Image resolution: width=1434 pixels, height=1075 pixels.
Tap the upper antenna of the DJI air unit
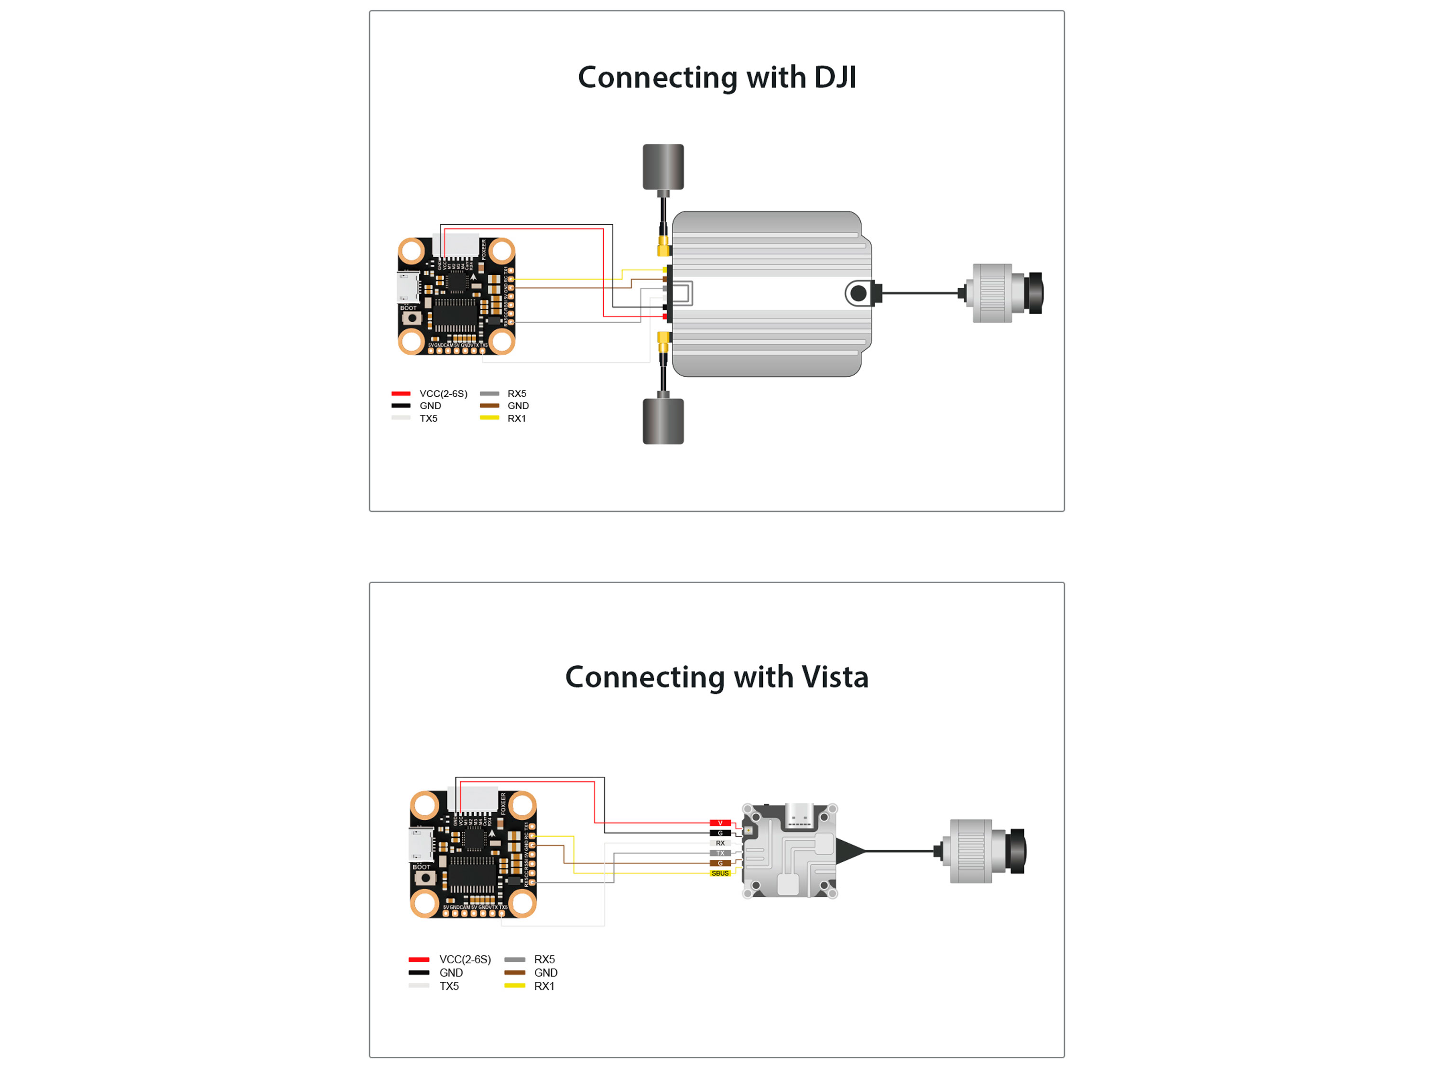tap(663, 167)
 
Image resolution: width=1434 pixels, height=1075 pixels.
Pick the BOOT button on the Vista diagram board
tap(424, 878)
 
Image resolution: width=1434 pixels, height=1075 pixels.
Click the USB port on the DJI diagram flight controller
tap(408, 287)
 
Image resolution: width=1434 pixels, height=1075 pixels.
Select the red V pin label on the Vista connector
tap(719, 823)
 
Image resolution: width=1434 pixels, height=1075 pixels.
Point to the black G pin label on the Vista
tap(719, 833)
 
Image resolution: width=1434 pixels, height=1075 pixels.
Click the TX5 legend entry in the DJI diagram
tap(428, 418)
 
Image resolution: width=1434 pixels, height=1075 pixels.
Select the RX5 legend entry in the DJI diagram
tap(516, 393)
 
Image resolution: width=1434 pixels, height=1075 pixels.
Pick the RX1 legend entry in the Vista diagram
tap(543, 986)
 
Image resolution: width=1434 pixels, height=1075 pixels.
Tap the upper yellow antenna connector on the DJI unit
tap(663, 246)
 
